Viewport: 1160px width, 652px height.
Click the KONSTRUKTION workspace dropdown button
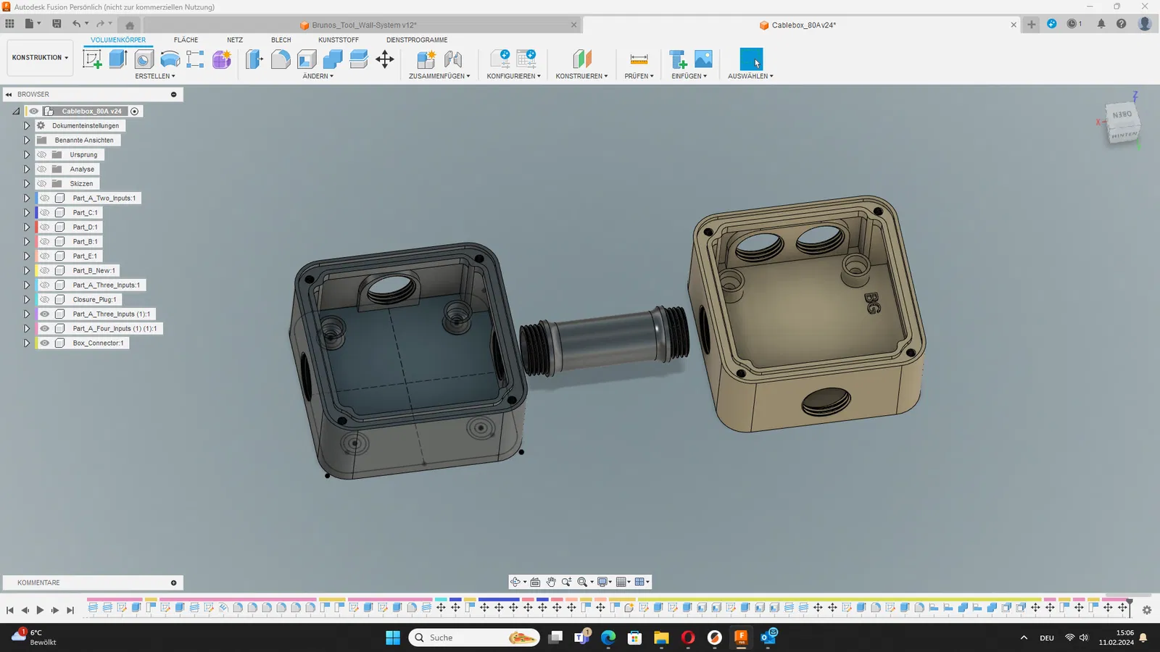pyautogui.click(x=40, y=57)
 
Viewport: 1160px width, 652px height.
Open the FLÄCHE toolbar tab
pyautogui.click(x=186, y=40)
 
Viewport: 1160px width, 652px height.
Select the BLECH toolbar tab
pyautogui.click(x=281, y=40)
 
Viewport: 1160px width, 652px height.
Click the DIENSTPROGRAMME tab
pyautogui.click(x=417, y=40)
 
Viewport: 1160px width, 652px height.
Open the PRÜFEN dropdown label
pyautogui.click(x=639, y=76)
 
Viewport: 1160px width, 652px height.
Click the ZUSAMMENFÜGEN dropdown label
pyautogui.click(x=439, y=76)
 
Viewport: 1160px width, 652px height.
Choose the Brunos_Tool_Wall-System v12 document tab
pyautogui.click(x=363, y=25)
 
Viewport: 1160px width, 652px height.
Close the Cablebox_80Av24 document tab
pyautogui.click(x=1014, y=25)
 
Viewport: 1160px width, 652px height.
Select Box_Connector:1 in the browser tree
pyautogui.click(x=98, y=343)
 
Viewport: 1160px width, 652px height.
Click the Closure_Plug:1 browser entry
pyautogui.click(x=94, y=300)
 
